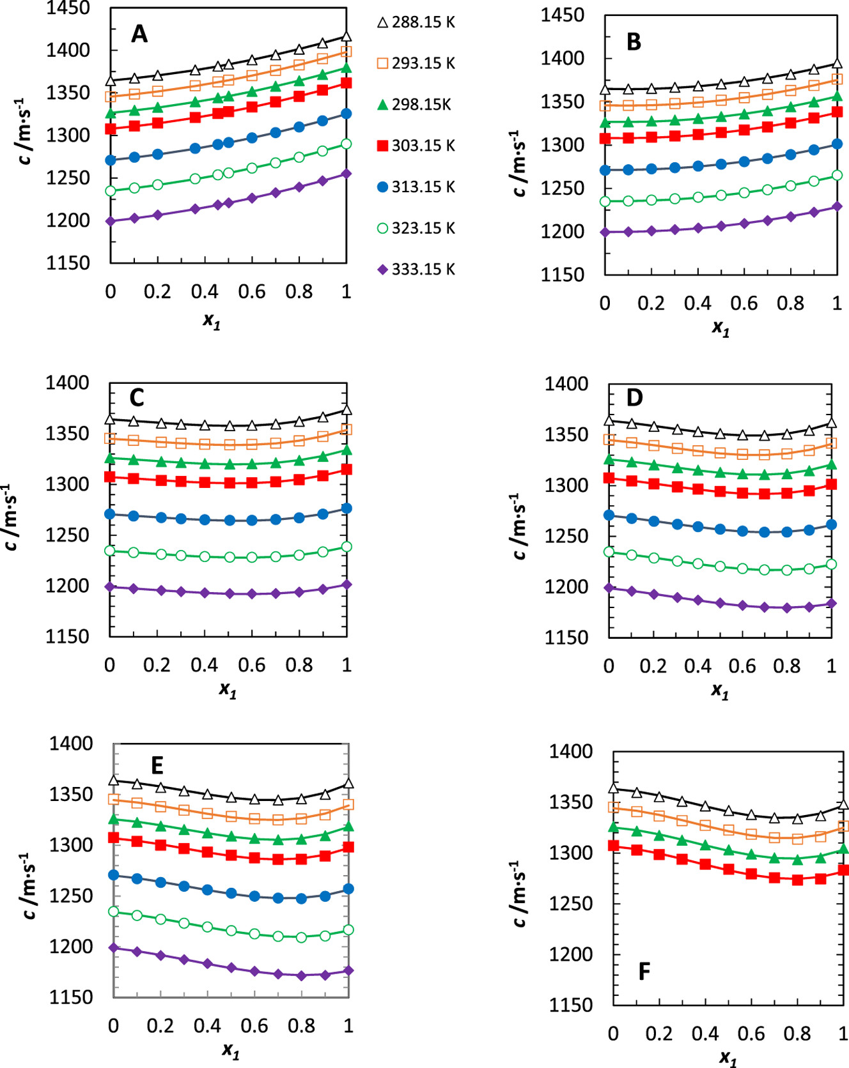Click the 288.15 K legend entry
(x=416, y=22)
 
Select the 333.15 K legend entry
(x=416, y=270)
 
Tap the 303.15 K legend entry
(x=416, y=146)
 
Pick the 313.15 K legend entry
(x=416, y=187)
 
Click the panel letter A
(x=139, y=34)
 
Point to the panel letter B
(x=634, y=42)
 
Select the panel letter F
(x=644, y=972)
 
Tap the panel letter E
(x=157, y=765)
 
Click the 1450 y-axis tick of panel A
(x=68, y=8)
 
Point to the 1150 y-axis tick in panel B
(x=563, y=275)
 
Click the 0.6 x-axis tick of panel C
(x=251, y=665)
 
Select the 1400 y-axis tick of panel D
(x=566, y=384)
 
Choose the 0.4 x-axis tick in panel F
(x=705, y=1034)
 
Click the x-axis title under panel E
(x=230, y=1050)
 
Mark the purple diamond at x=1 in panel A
(x=347, y=174)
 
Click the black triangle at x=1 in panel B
(x=837, y=64)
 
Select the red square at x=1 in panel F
(x=843, y=870)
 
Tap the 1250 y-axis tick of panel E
(x=71, y=896)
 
